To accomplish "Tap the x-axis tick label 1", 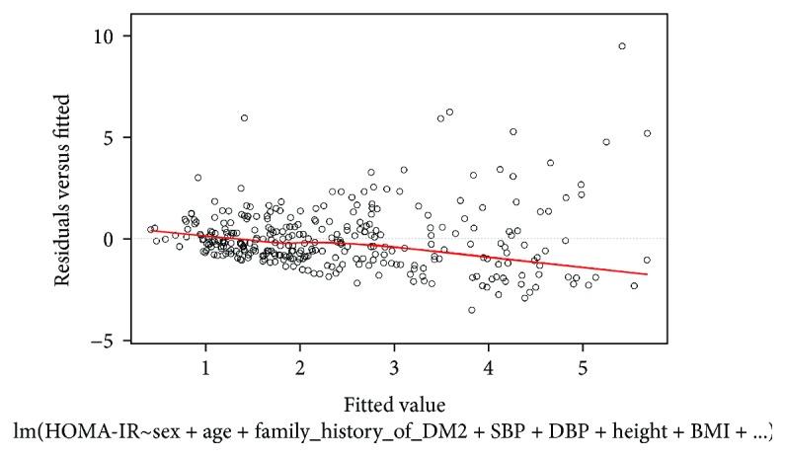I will point(205,367).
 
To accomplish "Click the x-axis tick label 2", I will point(299,367).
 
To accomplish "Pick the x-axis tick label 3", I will point(394,367).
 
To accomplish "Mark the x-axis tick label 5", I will point(583,367).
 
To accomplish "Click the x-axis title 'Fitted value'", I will point(396,405).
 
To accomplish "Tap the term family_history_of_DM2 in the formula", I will point(320,431).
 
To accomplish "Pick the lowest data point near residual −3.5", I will point(472,310).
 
